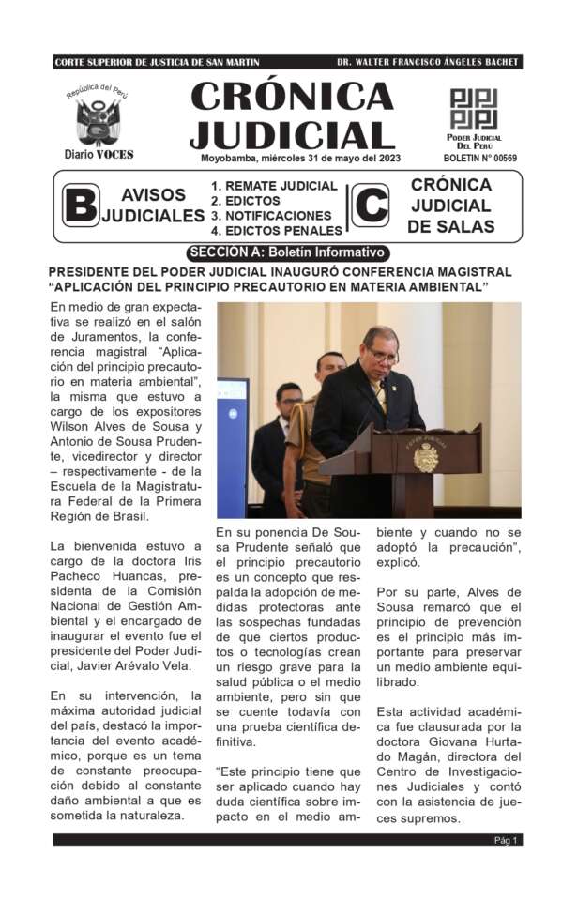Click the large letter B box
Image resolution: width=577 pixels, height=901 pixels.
(x=81, y=206)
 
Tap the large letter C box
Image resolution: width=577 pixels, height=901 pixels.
(x=370, y=206)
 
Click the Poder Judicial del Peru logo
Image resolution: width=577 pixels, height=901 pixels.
(x=473, y=109)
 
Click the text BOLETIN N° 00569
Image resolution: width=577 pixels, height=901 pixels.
(x=479, y=159)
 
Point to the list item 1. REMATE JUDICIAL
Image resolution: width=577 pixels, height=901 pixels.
(x=273, y=186)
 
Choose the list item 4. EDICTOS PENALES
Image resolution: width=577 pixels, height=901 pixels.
(x=276, y=230)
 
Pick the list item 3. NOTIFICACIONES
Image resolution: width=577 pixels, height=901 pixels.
(x=271, y=215)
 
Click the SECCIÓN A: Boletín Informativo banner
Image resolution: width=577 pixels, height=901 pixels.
(x=287, y=252)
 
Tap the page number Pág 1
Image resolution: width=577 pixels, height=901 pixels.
(x=507, y=840)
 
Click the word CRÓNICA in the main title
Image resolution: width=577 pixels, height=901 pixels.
(x=292, y=97)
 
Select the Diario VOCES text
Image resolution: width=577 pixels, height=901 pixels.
(x=99, y=154)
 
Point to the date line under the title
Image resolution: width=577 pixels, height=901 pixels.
(x=300, y=158)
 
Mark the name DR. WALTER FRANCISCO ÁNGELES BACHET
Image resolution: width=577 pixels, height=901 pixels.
(x=426, y=63)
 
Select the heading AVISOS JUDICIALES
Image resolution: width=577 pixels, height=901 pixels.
(x=153, y=206)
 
